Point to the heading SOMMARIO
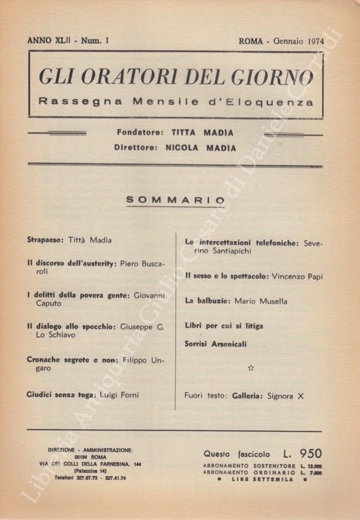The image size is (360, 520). [x=175, y=200]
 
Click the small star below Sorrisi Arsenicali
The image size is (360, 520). [x=251, y=368]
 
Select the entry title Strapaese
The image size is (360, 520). [x=46, y=240]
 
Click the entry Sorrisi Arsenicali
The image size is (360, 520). [x=215, y=343]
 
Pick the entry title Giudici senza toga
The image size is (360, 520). [x=61, y=395]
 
